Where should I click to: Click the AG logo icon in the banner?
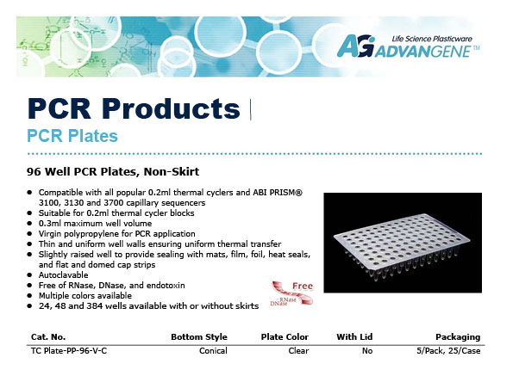tap(356, 46)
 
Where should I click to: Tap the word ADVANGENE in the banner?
tap(423, 52)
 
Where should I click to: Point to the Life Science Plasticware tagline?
tap(432, 39)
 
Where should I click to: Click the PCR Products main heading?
tap(135, 108)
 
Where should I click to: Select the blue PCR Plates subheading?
tap(72, 136)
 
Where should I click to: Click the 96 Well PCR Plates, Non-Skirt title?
tap(113, 171)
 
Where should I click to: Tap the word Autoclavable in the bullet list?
tap(64, 274)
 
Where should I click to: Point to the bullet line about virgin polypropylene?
tap(116, 234)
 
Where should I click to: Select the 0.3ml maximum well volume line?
tap(95, 223)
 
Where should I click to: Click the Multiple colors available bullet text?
tap(85, 296)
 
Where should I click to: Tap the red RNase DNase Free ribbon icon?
tap(291, 293)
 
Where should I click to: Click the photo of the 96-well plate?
tap(403, 243)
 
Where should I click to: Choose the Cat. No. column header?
tap(48, 336)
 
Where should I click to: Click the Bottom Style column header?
tap(199, 336)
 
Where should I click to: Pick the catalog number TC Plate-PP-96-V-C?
tap(69, 351)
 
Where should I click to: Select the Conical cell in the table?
tap(213, 351)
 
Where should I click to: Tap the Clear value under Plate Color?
tap(298, 351)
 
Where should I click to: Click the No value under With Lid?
tap(367, 351)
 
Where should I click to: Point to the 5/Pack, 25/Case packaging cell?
tap(448, 351)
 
